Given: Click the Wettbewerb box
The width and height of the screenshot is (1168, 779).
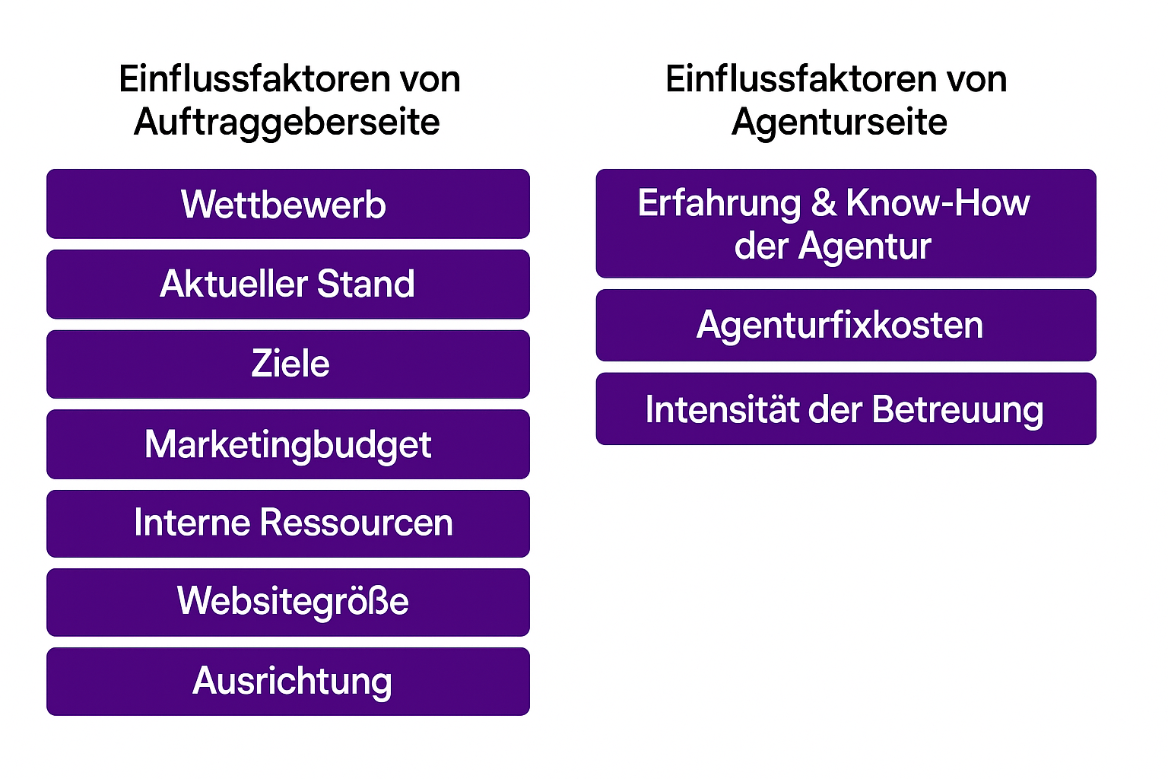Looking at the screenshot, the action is (288, 203).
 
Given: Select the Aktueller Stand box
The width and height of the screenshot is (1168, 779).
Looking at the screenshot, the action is (288, 284).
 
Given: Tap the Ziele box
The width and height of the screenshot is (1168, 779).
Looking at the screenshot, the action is (288, 364).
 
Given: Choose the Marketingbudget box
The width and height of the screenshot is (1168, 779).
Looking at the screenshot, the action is (288, 444).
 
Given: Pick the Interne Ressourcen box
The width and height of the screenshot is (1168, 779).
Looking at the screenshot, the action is (288, 523).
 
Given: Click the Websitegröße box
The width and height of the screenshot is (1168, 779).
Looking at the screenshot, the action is (288, 602).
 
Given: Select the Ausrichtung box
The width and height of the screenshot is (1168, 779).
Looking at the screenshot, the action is (288, 682).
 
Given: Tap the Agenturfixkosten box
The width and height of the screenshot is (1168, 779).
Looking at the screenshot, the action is (846, 325).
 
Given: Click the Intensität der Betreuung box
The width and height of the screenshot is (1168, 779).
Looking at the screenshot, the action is (846, 409).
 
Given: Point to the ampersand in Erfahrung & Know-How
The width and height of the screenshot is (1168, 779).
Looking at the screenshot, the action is (824, 202).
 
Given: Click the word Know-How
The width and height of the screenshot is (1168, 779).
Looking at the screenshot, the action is (938, 202).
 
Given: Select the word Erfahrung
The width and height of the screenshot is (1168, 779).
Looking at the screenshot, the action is (719, 204).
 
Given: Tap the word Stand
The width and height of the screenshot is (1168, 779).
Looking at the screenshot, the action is (366, 285).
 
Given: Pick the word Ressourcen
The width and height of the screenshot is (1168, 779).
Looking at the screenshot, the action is (356, 523).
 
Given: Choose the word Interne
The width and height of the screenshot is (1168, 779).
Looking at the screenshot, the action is (192, 523).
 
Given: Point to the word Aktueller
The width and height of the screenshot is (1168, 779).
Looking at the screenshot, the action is (233, 285).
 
